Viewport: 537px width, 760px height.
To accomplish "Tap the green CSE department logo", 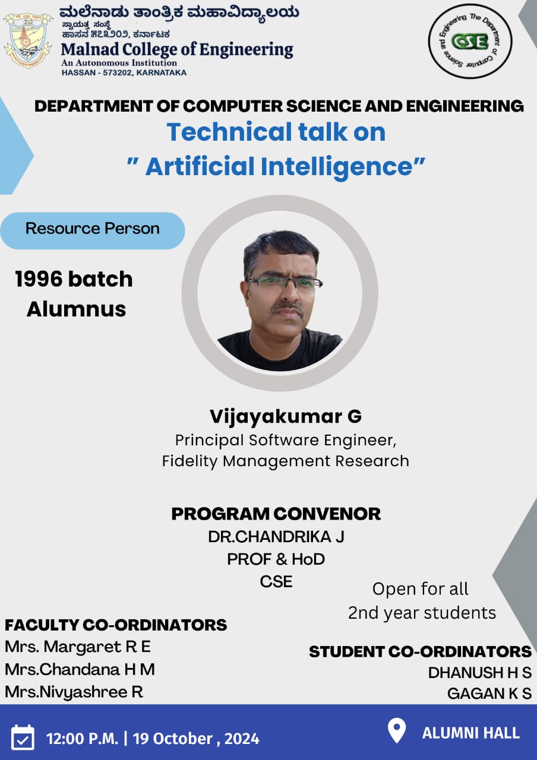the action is (470, 42).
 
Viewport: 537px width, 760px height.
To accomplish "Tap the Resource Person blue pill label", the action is (92, 231).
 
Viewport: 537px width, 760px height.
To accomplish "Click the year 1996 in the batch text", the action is (39, 279).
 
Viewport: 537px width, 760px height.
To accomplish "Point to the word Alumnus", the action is (77, 309).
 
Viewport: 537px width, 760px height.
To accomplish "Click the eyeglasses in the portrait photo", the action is (284, 282).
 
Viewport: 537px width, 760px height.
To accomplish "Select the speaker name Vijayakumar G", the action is (286, 417).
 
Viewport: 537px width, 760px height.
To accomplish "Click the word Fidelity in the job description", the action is (189, 461).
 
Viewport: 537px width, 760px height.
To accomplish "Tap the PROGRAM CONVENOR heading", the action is (276, 514).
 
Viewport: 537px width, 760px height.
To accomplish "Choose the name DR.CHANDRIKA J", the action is (276, 537).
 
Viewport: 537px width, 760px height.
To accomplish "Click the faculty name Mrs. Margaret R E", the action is (78, 647).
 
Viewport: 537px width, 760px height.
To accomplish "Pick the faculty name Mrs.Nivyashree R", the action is (74, 692).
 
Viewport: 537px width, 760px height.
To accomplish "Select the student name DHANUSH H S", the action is (479, 673).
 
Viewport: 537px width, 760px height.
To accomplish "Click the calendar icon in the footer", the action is (23, 737).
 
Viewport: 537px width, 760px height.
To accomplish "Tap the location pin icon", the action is (397, 731).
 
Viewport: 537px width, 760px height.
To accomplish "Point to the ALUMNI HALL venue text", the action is (471, 733).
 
